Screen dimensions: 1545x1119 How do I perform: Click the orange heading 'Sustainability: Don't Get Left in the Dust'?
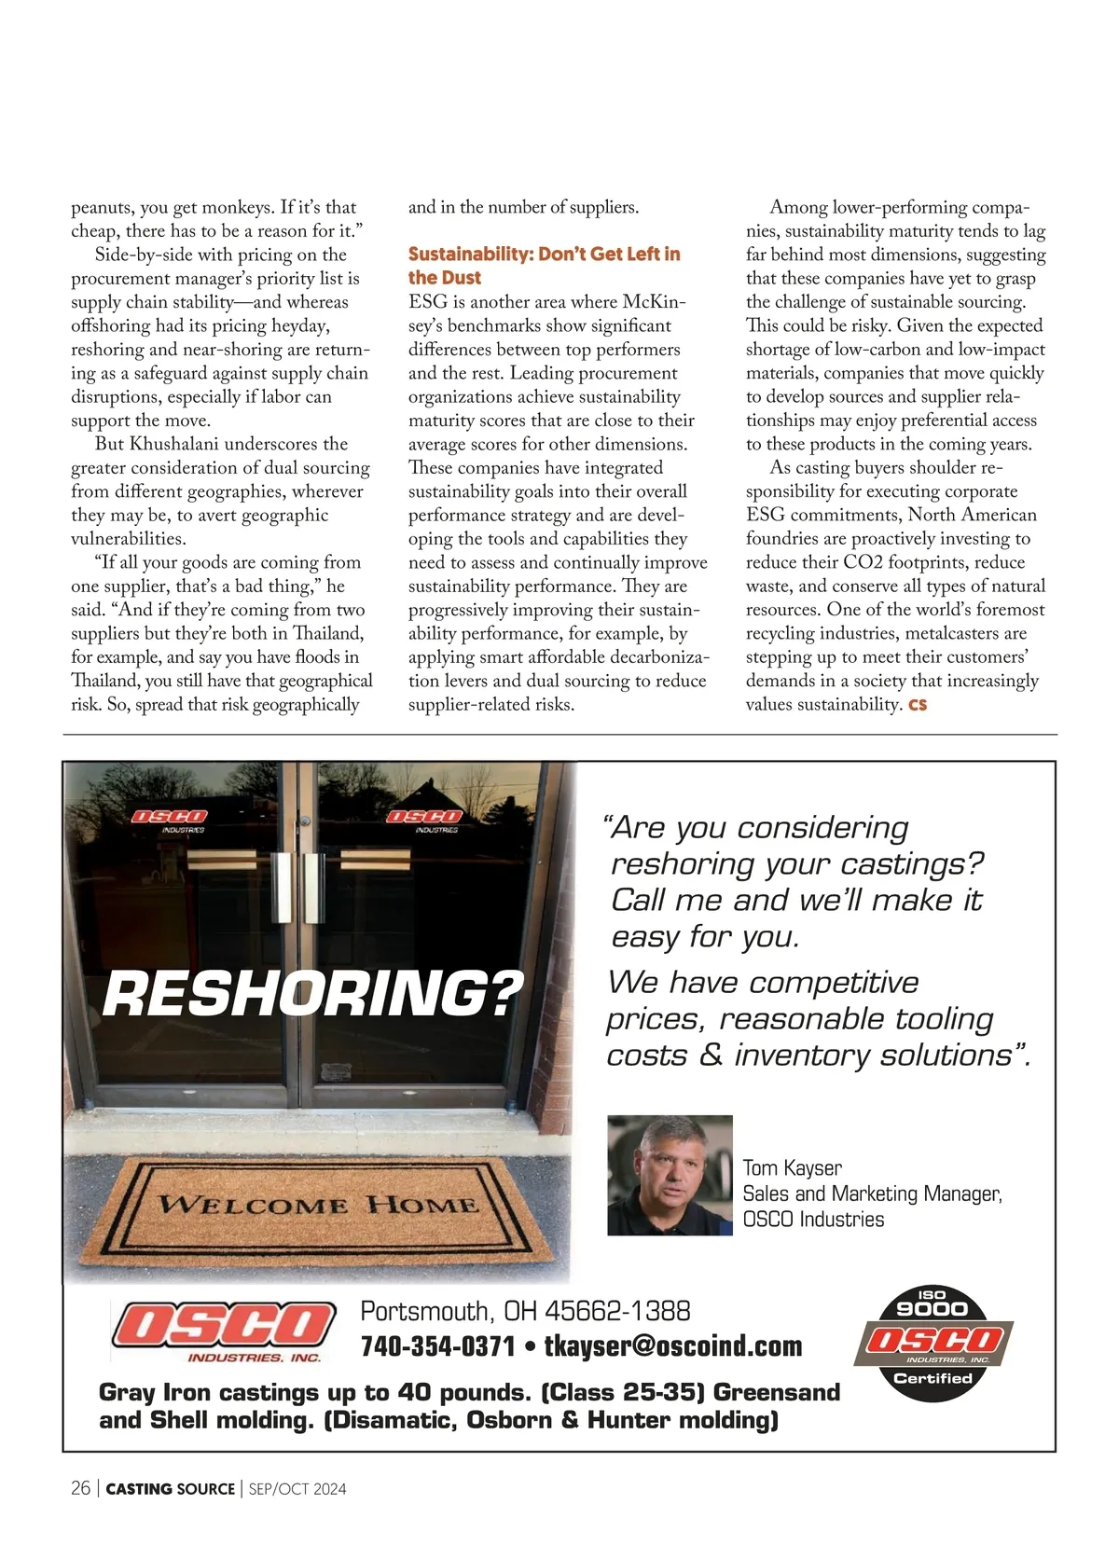pos(544,266)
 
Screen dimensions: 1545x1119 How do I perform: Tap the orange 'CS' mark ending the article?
pos(918,705)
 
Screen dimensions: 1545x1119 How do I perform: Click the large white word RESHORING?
pos(313,994)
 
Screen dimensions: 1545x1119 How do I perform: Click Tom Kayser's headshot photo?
pos(670,1175)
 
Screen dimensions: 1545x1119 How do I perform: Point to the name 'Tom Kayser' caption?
pos(792,1168)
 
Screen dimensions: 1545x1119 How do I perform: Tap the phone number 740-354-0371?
pos(437,1346)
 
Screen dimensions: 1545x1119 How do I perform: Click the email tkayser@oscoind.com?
pos(672,1346)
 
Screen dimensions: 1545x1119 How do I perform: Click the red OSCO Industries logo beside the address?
pos(224,1331)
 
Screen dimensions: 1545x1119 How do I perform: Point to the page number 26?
pos(81,1488)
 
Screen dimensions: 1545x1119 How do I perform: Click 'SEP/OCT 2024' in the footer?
pos(297,1489)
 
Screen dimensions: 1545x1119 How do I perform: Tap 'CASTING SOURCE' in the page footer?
pos(171,1489)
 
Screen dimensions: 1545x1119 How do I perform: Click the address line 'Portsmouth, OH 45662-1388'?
pos(525,1311)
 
